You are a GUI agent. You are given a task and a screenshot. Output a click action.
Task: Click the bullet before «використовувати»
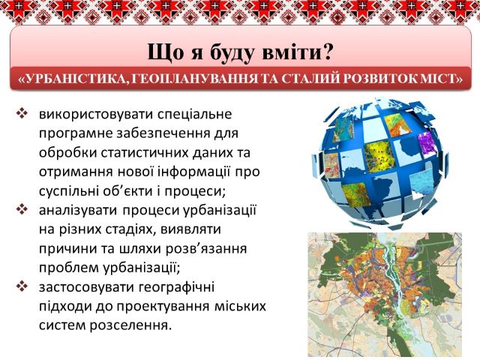tap(22, 114)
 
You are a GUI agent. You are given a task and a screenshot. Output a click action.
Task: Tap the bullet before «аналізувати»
tap(22, 210)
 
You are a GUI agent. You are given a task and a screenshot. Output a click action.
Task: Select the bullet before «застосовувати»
tap(22, 286)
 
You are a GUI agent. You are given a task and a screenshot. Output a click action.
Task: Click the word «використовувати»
tap(96, 115)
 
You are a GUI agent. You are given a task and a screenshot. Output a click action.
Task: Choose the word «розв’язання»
tap(206, 249)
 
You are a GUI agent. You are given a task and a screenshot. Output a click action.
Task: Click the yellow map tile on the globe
tap(380, 157)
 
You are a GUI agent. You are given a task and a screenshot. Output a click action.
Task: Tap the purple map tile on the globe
tap(427, 143)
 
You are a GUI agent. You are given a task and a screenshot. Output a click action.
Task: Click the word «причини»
tap(64, 249)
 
